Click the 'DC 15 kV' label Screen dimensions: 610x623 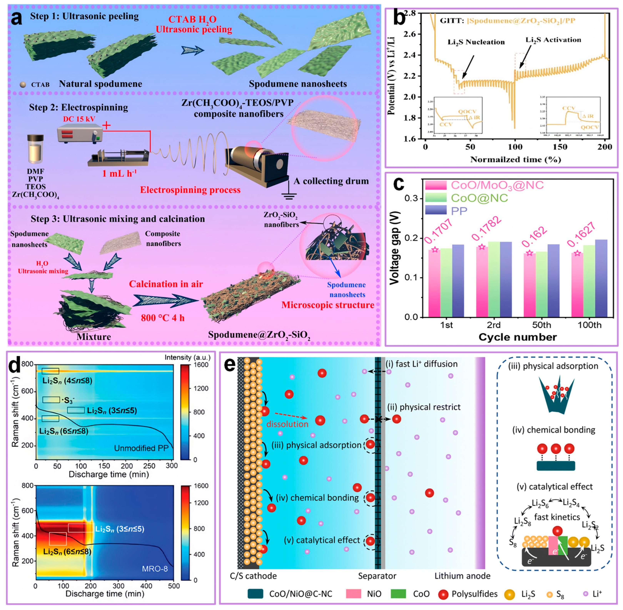pos(79,119)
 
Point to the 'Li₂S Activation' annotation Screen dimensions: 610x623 pos(553,40)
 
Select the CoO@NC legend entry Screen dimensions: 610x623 pos(479,198)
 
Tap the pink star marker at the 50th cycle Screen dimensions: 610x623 pos(529,253)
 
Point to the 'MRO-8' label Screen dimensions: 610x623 pos(155,569)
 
